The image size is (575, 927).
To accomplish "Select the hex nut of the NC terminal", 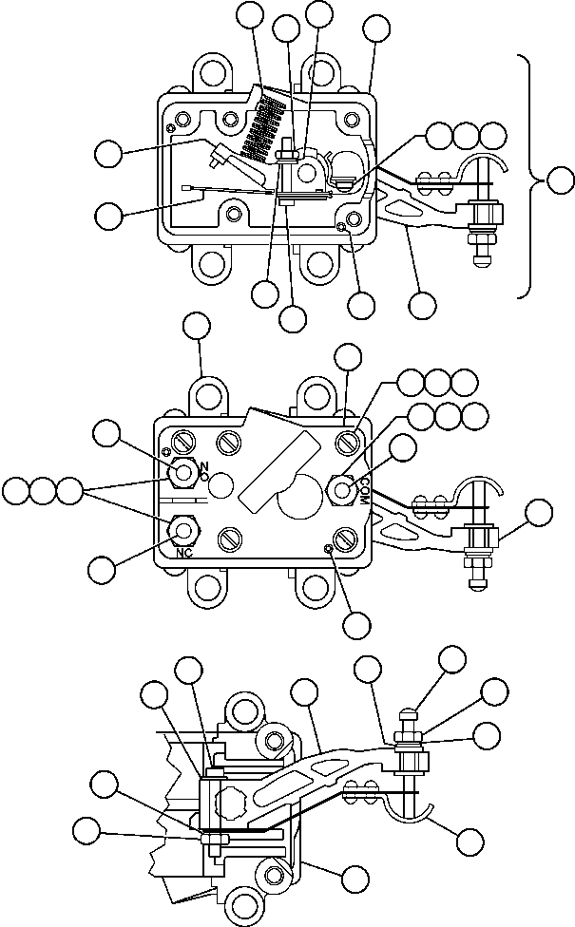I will tap(182, 529).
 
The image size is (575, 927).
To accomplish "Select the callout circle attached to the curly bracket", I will tap(562, 178).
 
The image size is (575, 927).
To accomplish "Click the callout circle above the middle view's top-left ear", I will tap(197, 328).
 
